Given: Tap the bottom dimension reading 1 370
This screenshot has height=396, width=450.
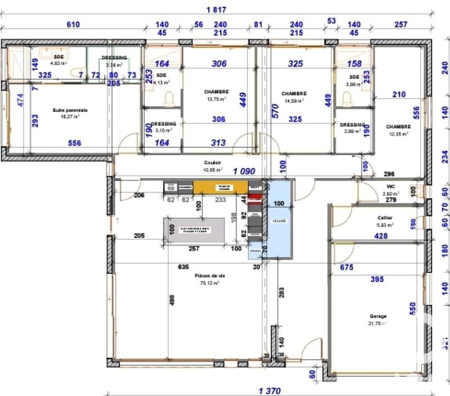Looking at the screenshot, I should point(269,390).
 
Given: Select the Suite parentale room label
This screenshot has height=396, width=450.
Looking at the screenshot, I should point(70,111).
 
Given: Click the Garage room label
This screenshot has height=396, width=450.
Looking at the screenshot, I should point(377,316).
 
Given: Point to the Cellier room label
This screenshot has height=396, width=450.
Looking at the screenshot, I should point(385,217).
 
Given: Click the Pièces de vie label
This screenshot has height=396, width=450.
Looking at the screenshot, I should point(209,276).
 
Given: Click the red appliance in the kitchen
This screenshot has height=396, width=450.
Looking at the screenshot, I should point(255,198).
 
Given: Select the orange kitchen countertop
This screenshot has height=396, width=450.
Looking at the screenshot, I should point(220,187).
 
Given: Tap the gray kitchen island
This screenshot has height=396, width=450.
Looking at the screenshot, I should point(193,230).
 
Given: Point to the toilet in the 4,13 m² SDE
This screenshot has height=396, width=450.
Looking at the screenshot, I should point(168,99).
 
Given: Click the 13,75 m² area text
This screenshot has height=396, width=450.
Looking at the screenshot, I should point(217,99).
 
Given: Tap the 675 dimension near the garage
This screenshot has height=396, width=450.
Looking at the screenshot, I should point(346,268).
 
